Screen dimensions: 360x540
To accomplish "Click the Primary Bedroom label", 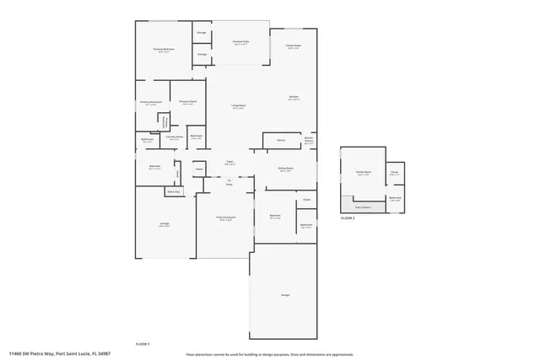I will pos(163,50).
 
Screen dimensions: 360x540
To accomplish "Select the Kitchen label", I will pos(294,98).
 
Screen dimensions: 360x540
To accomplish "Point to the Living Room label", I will pos(239,106).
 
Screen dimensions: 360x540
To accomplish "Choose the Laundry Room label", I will pos(175,137).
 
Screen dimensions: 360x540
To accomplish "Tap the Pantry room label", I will pos(280,140).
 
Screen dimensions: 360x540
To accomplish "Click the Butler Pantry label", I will pos(310,140).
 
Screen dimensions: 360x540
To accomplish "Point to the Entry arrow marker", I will pos(229,180).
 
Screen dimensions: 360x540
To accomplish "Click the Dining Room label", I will pos(286,169).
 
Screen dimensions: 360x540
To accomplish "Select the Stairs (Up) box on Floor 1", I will pos(173,192).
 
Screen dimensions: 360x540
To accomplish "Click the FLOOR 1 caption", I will pos(143,344).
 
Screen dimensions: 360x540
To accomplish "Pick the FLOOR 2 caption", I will pos(348,218).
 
